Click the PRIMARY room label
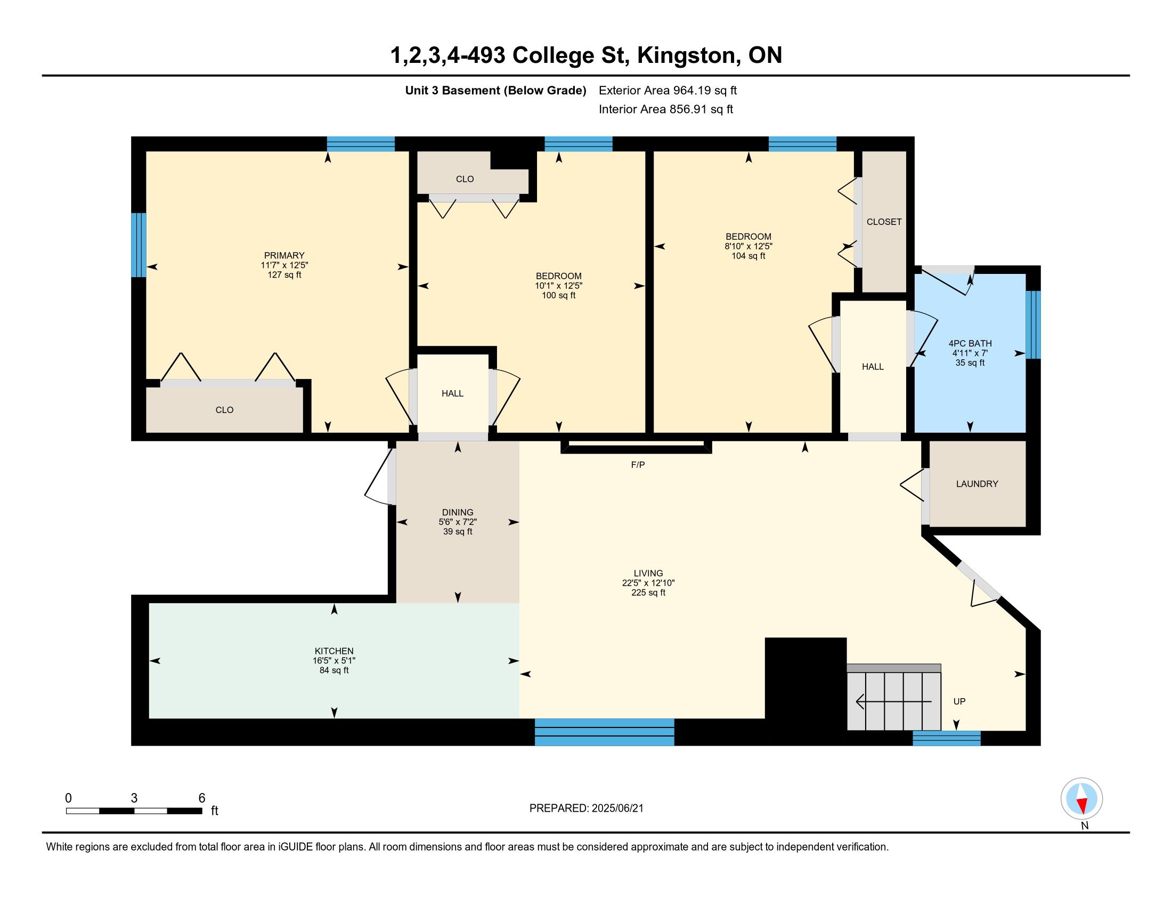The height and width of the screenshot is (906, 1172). [x=284, y=255]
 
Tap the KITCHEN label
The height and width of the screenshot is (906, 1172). [x=334, y=651]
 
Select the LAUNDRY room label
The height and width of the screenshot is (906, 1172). [x=976, y=483]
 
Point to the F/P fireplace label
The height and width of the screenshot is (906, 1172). [x=638, y=465]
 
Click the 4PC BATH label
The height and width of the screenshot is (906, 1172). [x=970, y=344]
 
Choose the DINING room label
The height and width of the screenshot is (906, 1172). [x=457, y=512]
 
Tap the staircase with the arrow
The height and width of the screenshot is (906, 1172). [x=893, y=697]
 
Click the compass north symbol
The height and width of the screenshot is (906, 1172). [x=1081, y=799]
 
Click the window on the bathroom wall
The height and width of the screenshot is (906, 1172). [x=1033, y=325]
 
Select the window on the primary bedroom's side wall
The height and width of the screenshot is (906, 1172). [x=139, y=245]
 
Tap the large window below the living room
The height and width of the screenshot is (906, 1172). [x=604, y=732]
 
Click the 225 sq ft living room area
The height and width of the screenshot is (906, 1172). [x=648, y=593]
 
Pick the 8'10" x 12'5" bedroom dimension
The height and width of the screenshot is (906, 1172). [x=748, y=246]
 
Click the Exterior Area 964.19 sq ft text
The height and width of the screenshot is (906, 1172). [x=668, y=90]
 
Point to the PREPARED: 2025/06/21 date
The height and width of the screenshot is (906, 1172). [x=586, y=808]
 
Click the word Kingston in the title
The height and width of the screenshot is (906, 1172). [x=686, y=55]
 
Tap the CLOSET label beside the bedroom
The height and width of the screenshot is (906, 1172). [x=884, y=222]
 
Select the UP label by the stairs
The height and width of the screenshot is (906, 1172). [x=959, y=701]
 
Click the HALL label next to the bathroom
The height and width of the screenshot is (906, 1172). [x=873, y=367]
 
